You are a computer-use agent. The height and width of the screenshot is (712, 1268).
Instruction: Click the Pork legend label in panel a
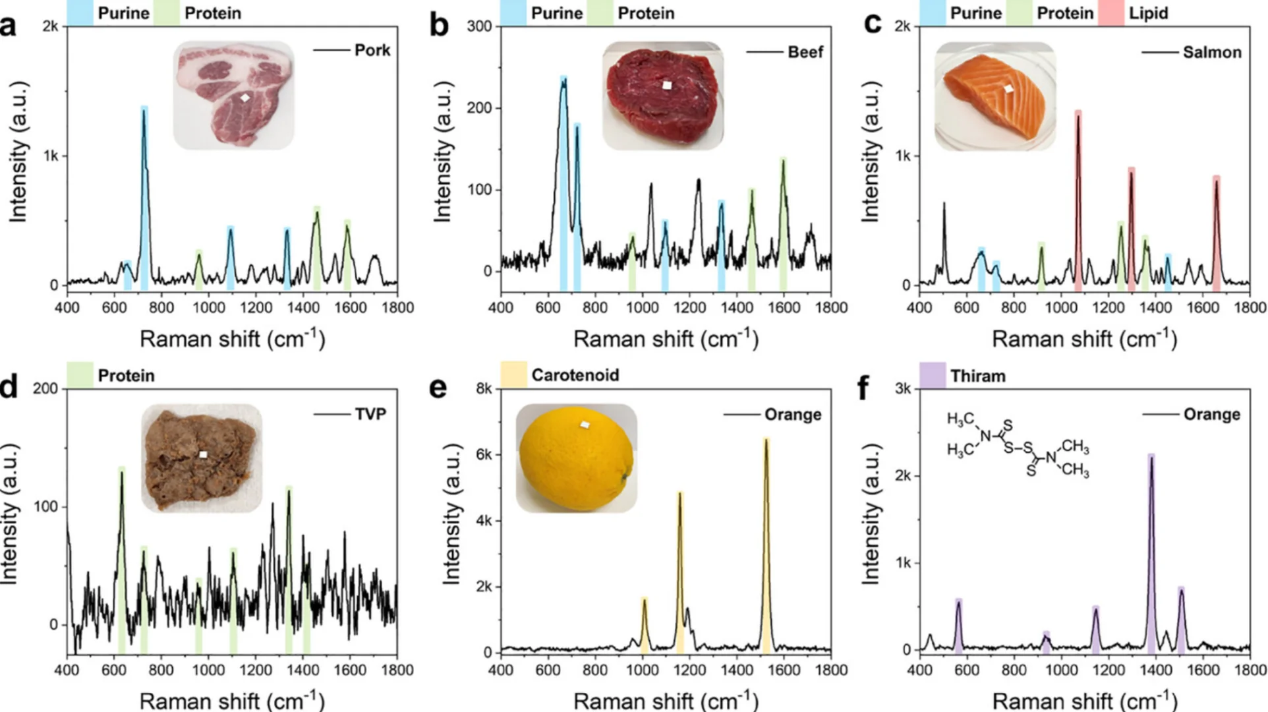click(372, 50)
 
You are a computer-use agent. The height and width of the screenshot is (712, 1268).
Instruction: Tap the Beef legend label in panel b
click(805, 52)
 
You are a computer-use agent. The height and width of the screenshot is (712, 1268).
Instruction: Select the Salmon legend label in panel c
click(1211, 52)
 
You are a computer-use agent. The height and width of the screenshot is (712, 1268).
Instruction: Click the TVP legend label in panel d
click(370, 414)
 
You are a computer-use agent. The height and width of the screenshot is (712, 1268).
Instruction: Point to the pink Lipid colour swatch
click(1110, 13)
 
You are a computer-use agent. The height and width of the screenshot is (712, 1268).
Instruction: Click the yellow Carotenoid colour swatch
click(513, 374)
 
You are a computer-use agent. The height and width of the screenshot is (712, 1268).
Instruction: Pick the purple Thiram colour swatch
click(932, 375)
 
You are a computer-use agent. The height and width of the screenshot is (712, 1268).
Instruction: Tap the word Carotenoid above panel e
click(575, 375)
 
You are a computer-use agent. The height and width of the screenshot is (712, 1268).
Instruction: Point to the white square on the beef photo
click(667, 85)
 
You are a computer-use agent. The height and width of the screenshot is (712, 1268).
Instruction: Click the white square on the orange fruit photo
click(585, 425)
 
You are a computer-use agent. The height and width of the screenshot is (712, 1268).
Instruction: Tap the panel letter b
click(439, 25)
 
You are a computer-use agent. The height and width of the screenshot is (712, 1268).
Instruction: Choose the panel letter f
click(863, 388)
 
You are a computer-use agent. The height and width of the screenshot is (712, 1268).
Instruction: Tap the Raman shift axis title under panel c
click(1084, 339)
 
